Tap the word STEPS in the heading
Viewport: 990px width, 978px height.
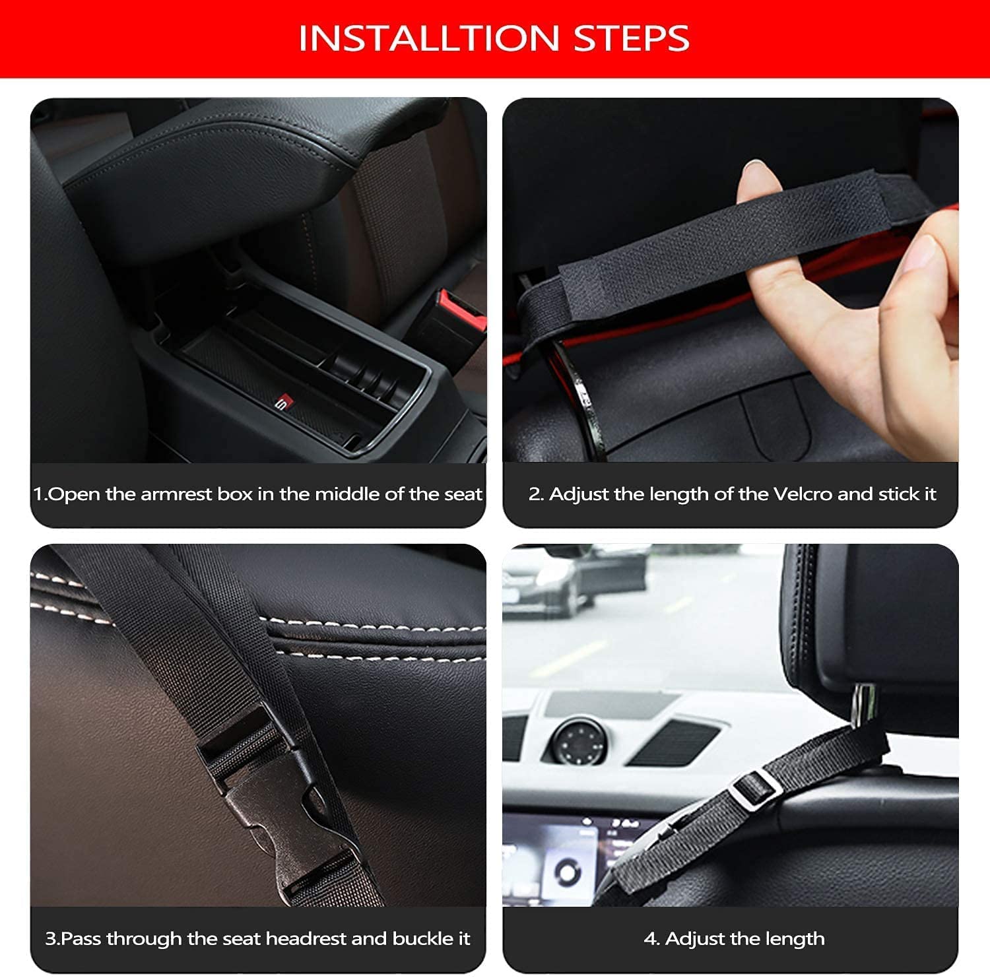pyautogui.click(x=632, y=38)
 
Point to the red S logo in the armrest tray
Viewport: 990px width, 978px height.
pyautogui.click(x=282, y=401)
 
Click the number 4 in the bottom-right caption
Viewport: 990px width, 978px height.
pyautogui.click(x=649, y=938)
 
